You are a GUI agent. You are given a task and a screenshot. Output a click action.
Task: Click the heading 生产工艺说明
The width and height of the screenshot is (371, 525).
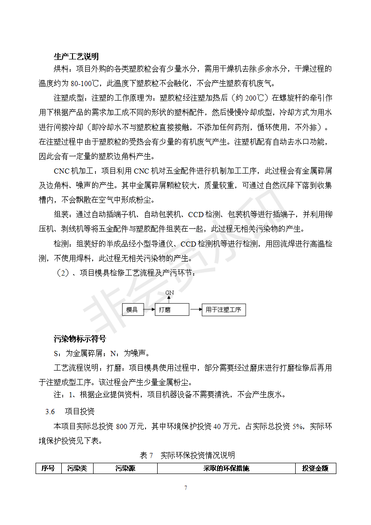pos(76,57)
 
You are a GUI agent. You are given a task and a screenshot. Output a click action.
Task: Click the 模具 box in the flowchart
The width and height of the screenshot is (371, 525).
pos(132,310)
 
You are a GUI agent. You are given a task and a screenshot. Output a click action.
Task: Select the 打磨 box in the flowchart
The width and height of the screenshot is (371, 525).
pos(171,310)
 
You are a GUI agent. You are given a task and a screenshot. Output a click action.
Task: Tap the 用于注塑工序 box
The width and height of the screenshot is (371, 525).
pos(224,310)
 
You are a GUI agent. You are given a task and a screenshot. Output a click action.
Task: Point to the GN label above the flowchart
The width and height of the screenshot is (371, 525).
pos(170,293)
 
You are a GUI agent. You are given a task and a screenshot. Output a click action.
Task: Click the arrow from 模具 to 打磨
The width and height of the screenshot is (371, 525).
pos(148,310)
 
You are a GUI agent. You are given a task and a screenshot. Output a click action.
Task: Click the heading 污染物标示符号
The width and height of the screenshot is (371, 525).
pos(80,339)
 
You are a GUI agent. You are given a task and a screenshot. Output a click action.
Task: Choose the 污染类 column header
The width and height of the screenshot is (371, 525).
pos(77,468)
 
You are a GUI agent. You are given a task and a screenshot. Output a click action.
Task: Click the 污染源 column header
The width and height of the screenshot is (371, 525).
pos(125,468)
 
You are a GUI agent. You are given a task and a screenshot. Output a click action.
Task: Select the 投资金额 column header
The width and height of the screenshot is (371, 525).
pos(315,468)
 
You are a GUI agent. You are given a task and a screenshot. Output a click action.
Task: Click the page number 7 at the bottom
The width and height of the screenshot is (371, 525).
pos(186,488)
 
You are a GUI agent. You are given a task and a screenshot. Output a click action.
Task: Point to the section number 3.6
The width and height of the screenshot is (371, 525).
pos(51,412)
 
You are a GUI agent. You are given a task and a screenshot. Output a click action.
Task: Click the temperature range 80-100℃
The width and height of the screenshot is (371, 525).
pos(85,84)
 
